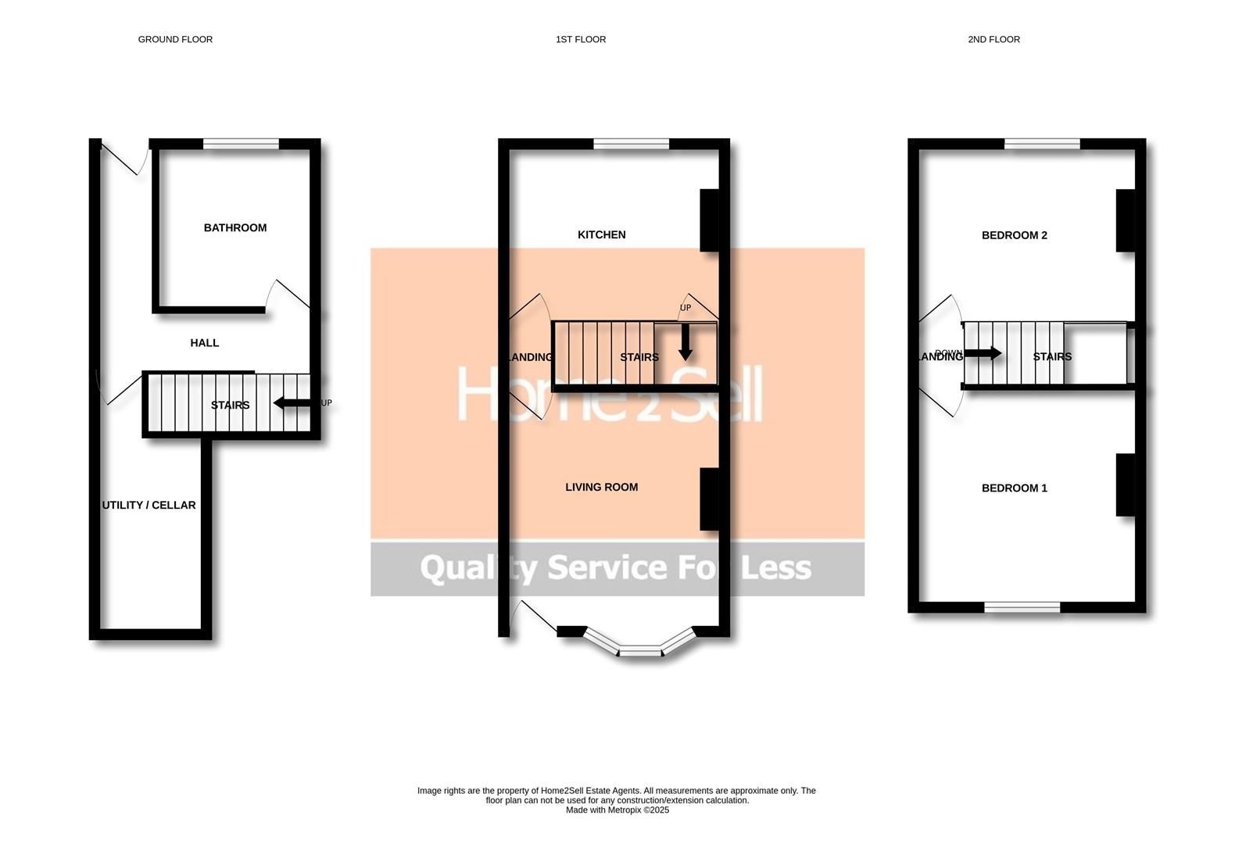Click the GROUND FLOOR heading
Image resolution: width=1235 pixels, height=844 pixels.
click(175, 39)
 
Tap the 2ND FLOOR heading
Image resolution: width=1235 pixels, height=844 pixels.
click(993, 39)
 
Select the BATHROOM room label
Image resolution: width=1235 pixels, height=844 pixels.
click(235, 228)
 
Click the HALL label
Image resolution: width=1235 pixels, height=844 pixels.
click(205, 343)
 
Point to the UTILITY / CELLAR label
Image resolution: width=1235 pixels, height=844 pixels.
click(149, 506)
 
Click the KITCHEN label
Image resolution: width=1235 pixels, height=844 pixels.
click(601, 234)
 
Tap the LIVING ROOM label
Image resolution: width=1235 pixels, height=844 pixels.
click(601, 487)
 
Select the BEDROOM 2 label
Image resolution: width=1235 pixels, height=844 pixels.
click(1014, 235)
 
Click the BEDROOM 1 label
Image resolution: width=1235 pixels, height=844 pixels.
click(1014, 488)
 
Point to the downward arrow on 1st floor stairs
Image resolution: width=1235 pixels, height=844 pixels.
click(686, 342)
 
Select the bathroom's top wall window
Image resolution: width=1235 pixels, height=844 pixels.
click(241, 144)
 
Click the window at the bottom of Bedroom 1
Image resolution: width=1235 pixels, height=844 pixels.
click(1022, 607)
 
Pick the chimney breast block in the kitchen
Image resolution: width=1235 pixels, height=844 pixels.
click(709, 220)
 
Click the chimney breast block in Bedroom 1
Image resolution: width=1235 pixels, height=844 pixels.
click(1125, 485)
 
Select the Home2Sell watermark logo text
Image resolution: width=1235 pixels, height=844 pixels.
click(609, 394)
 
